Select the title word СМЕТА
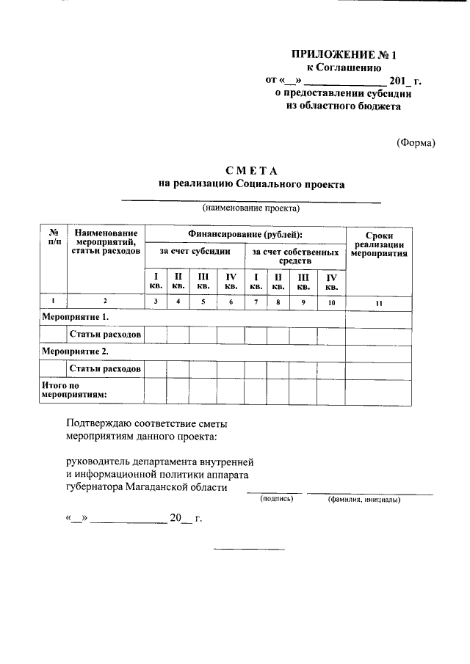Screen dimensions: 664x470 pyautogui.click(x=251, y=171)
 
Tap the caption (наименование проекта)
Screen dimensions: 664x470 pyautogui.click(x=251, y=208)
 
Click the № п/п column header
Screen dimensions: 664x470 pyautogui.click(x=53, y=236)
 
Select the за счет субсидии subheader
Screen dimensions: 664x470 pyautogui.click(x=195, y=252)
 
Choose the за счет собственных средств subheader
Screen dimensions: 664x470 pyautogui.click(x=294, y=256)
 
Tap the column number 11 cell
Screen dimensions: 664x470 pyautogui.click(x=378, y=302)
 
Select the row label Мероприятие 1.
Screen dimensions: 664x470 pyautogui.click(x=75, y=317)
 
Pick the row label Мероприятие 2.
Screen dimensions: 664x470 pyautogui.click(x=75, y=351)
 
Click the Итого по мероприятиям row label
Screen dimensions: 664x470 pyautogui.click(x=73, y=389)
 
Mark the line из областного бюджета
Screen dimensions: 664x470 pyautogui.click(x=343, y=106)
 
